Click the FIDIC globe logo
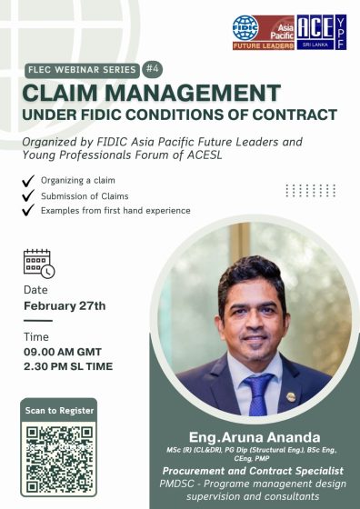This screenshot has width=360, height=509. point(245,27)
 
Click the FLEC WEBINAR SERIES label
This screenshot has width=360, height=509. point(80,69)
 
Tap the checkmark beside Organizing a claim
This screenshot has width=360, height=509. point(29,181)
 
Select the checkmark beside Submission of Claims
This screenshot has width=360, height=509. point(29,195)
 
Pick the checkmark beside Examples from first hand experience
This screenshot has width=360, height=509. point(29,211)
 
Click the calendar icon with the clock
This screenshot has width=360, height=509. point(38,263)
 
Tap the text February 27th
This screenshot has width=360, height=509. point(65,305)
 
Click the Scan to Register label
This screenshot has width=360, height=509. point(58,411)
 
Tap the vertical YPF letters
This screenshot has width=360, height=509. point(340,32)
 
